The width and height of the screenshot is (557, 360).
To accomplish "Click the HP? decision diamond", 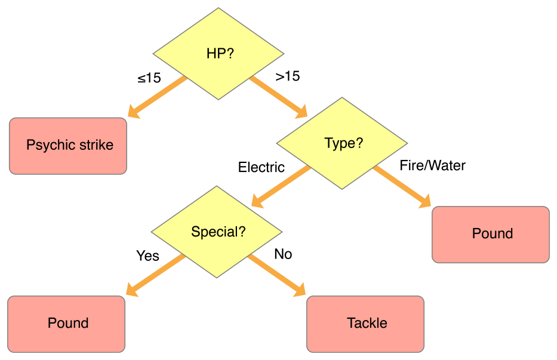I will point(219,54).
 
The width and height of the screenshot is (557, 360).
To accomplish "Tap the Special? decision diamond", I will point(217,232).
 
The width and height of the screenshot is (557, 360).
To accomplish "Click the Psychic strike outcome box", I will point(69,146).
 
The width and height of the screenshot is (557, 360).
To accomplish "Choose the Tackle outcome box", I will point(366,324).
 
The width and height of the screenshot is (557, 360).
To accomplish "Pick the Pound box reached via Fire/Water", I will point(491,234).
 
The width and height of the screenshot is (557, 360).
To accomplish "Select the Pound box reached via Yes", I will point(67,324).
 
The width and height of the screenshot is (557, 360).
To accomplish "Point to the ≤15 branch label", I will point(149,78).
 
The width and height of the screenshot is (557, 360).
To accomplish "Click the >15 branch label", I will point(287,76).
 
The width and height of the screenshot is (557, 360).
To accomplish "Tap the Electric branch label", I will point(261,167).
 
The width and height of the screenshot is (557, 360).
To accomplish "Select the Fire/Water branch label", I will point(432,165).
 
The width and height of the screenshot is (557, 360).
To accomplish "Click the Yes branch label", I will point(147,256).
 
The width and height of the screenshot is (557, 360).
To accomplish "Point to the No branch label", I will point(283,254).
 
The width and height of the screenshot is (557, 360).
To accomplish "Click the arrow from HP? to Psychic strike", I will point(157,96).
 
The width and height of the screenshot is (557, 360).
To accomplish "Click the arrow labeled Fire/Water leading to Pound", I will point(402,187).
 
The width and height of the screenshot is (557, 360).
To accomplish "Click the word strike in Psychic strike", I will point(94,145).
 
